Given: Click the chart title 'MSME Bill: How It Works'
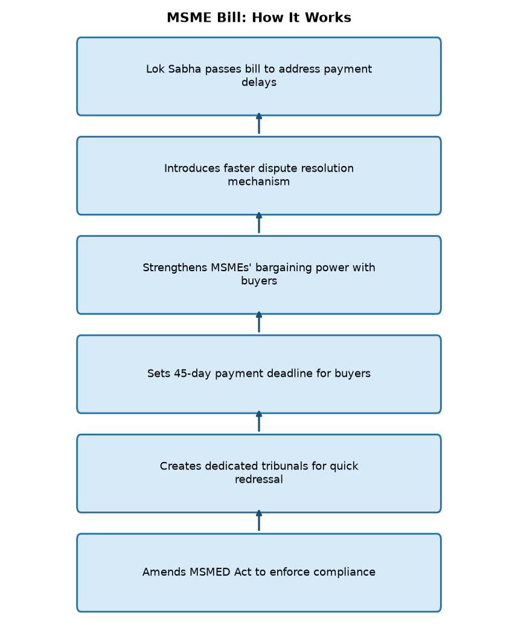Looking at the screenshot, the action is click(259, 18).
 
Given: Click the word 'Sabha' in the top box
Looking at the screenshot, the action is click(184, 69).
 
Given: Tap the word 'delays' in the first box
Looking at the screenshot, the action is click(259, 82).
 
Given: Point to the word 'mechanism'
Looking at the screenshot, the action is click(259, 181).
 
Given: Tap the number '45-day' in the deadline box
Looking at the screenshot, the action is click(193, 374).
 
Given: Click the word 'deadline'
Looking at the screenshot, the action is click(292, 373).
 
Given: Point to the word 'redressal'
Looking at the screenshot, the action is click(259, 479).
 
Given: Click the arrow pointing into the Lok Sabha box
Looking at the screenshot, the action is click(259, 123).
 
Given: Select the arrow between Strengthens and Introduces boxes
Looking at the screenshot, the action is click(259, 223).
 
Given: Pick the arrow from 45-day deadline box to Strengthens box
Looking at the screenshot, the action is click(259, 322).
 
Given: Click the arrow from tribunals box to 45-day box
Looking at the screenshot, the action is click(259, 422).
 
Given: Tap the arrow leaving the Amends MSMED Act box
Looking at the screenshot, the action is click(259, 521).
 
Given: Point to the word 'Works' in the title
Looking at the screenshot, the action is click(328, 18).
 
